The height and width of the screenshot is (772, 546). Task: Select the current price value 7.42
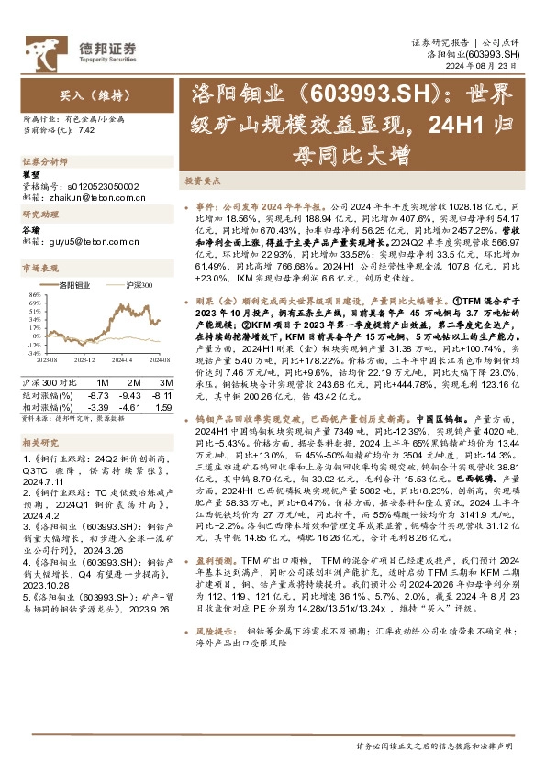(87, 130)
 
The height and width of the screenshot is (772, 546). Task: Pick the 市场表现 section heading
(39, 269)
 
